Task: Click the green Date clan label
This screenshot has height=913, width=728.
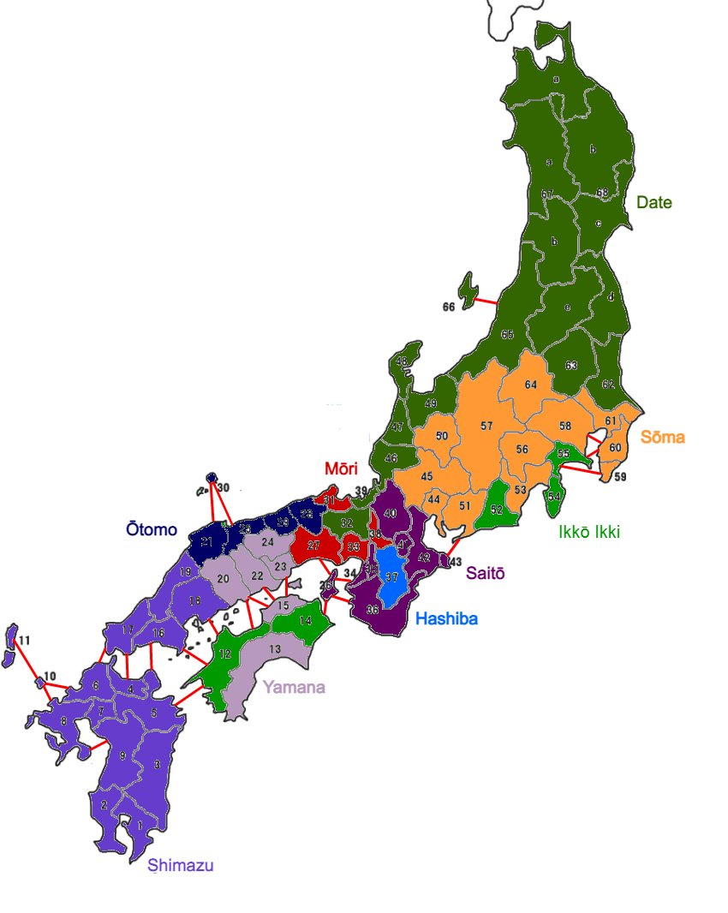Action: click(653, 203)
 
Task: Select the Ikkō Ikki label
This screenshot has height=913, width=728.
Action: click(588, 532)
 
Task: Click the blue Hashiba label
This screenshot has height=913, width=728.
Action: click(446, 618)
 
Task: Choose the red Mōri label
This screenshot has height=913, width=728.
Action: click(340, 468)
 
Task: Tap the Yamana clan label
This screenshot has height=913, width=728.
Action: click(294, 687)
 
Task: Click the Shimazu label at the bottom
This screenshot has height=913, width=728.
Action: click(180, 866)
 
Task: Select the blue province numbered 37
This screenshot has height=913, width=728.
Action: click(392, 578)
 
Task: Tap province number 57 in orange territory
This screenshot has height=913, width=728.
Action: click(486, 426)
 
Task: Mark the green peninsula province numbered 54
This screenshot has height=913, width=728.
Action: click(554, 495)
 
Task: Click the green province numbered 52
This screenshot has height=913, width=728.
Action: click(497, 509)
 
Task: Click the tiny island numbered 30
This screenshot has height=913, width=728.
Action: click(212, 479)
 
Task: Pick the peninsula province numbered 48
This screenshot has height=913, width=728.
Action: click(403, 362)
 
